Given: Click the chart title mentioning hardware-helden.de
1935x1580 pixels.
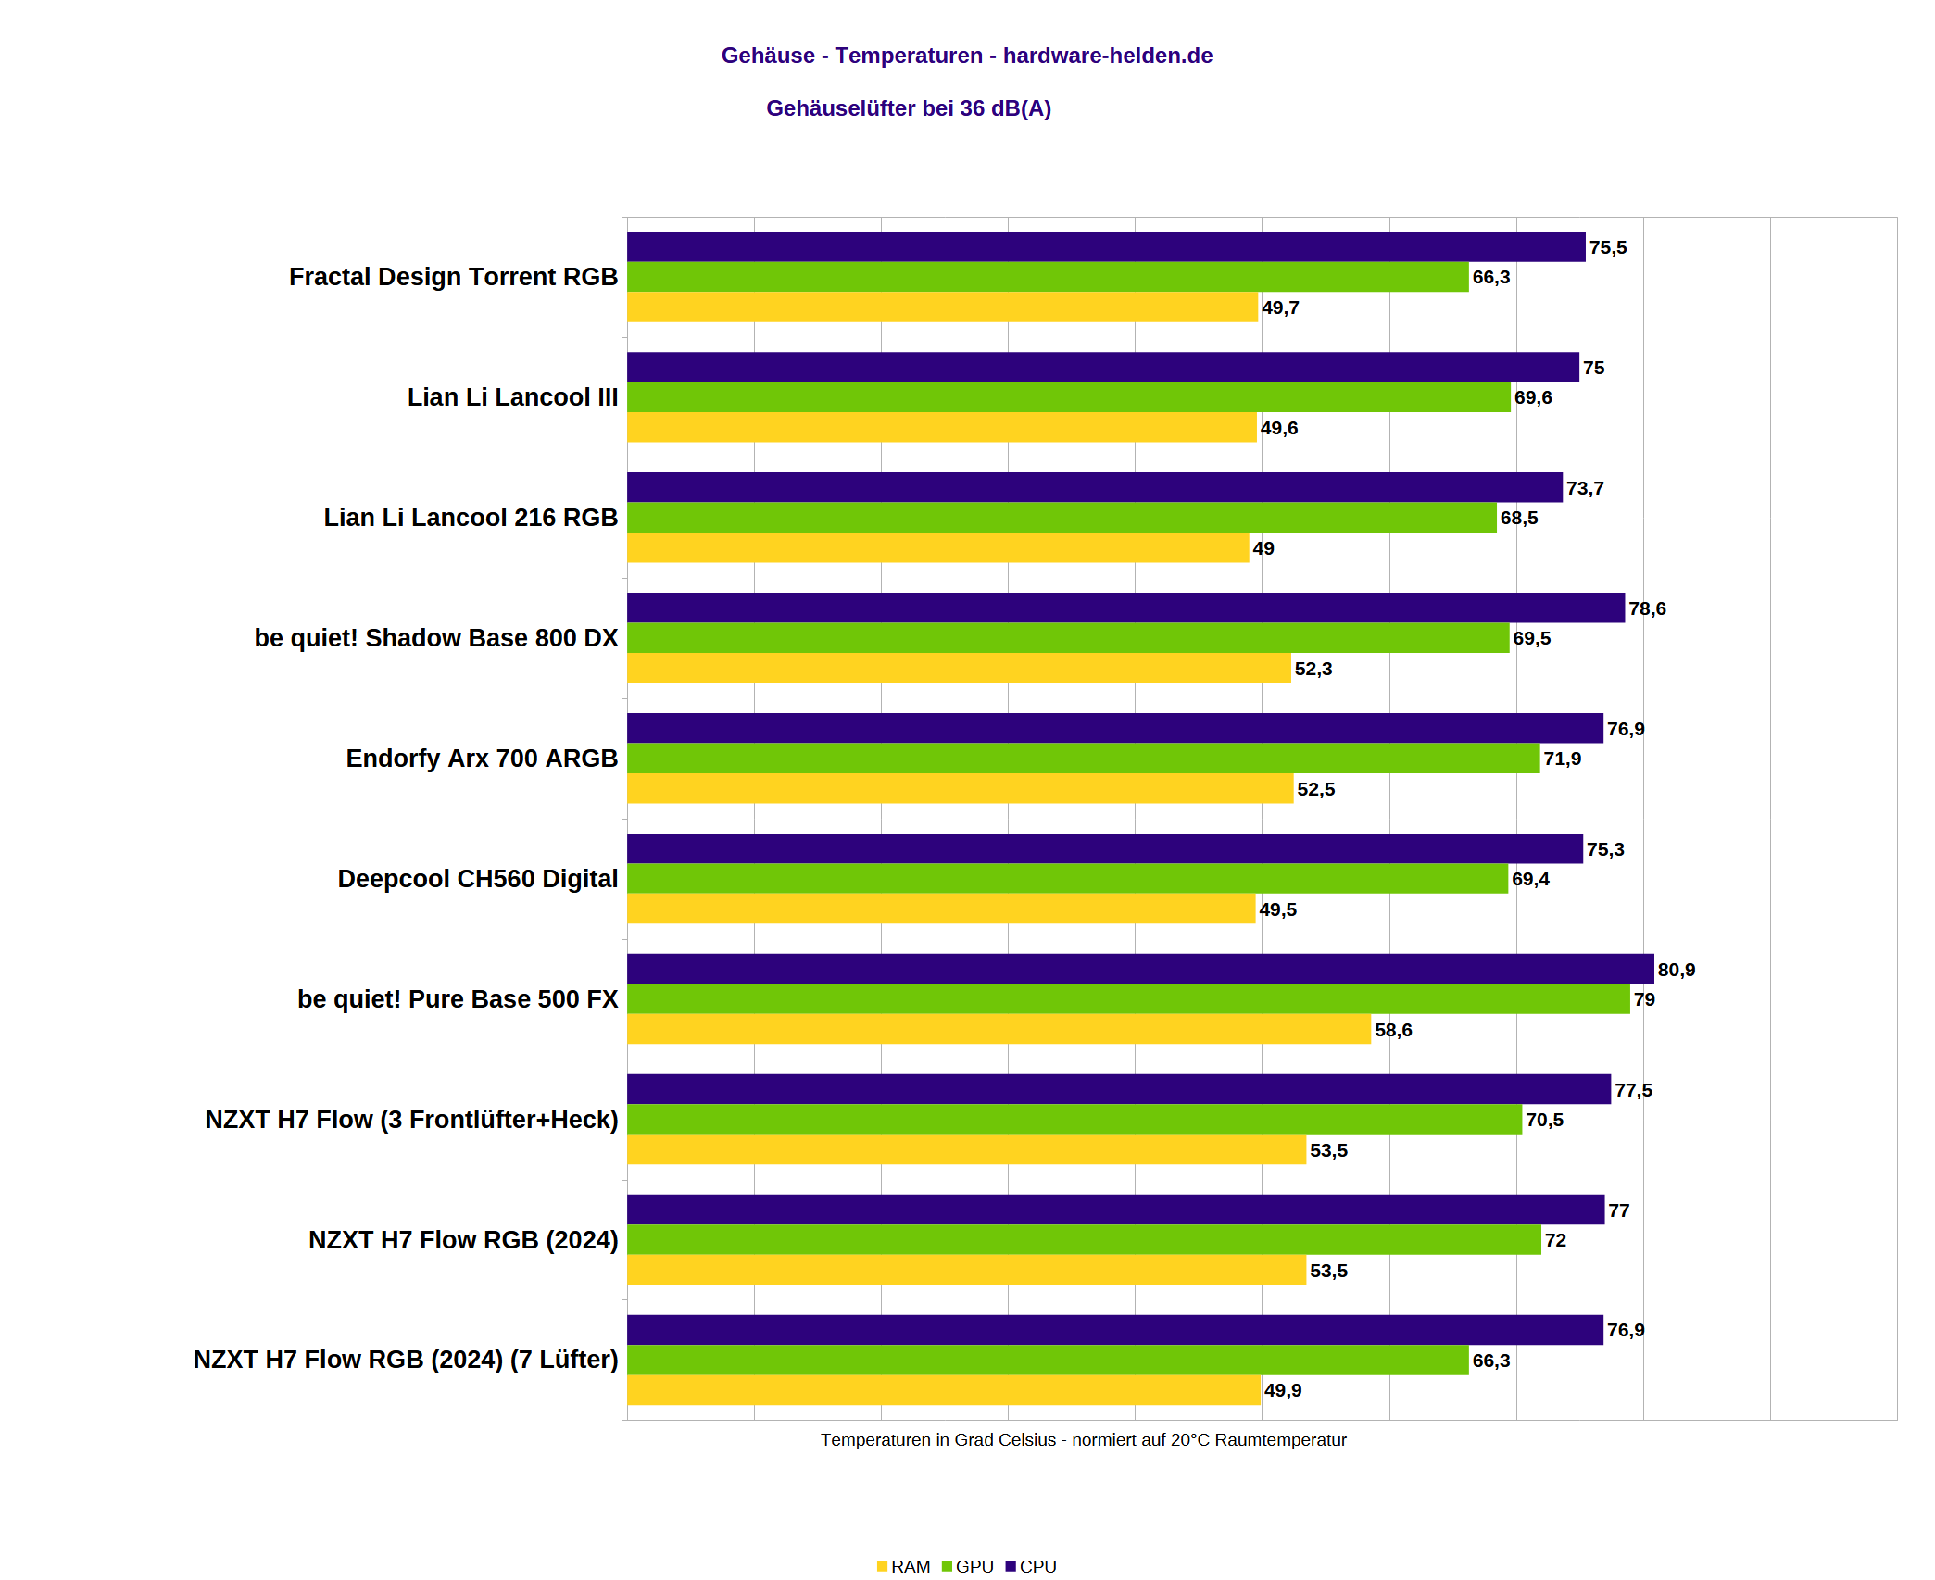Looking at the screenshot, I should [x=966, y=56].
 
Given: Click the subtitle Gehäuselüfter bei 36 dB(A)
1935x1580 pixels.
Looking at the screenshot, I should [x=908, y=108].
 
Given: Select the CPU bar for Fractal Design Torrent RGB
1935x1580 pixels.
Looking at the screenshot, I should [x=1105, y=246].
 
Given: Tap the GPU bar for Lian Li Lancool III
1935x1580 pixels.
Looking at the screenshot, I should [x=1068, y=397].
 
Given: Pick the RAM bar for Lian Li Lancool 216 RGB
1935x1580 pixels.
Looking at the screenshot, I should [x=937, y=547].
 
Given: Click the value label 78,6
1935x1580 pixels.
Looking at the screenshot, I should [x=1647, y=608].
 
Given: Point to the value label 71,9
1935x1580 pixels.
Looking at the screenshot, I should [x=1562, y=759].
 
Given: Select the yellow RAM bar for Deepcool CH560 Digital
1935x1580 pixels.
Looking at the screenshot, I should [x=940, y=909].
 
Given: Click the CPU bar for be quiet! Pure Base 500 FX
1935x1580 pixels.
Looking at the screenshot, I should [x=1139, y=969].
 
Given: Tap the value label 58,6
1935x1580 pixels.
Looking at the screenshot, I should [x=1393, y=1030].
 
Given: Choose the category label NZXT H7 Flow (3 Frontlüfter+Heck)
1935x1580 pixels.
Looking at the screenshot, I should [x=411, y=1120].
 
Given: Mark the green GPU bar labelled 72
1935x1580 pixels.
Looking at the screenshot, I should [x=1084, y=1240].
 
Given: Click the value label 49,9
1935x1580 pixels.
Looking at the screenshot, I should [x=1283, y=1390].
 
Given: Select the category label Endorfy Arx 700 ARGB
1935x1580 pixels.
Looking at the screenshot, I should [x=482, y=759].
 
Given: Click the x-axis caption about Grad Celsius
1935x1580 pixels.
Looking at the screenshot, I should [x=1083, y=1440].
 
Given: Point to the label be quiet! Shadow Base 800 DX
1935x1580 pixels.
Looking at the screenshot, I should [x=435, y=638].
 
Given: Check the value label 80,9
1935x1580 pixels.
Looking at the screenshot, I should [x=1676, y=970].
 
